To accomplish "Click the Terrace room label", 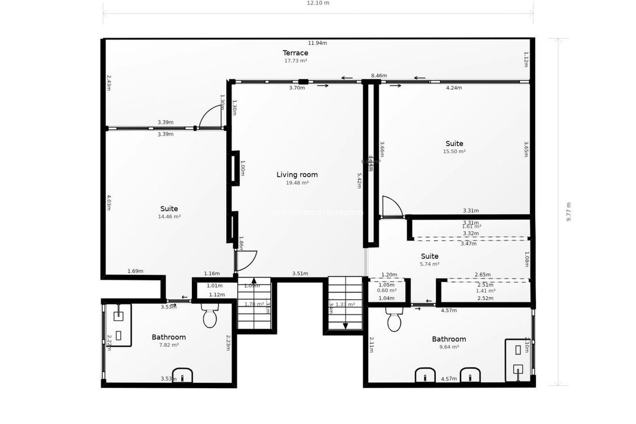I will point(295,53).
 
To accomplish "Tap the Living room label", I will point(297,175).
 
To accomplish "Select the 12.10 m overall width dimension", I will point(318,3).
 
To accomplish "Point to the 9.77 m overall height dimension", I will point(568,211).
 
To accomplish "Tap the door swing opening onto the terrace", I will point(211,117).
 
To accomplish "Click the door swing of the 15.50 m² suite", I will point(392,207).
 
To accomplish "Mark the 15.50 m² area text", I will point(454,151).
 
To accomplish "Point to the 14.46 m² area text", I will point(169,217).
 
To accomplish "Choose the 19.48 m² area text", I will point(297,183).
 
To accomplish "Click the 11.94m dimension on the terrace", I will point(317,43).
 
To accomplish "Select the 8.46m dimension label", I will point(379,76).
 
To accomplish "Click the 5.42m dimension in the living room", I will point(359,180).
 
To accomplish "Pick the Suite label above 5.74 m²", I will point(429,256).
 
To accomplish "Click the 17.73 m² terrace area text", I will point(295,61).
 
